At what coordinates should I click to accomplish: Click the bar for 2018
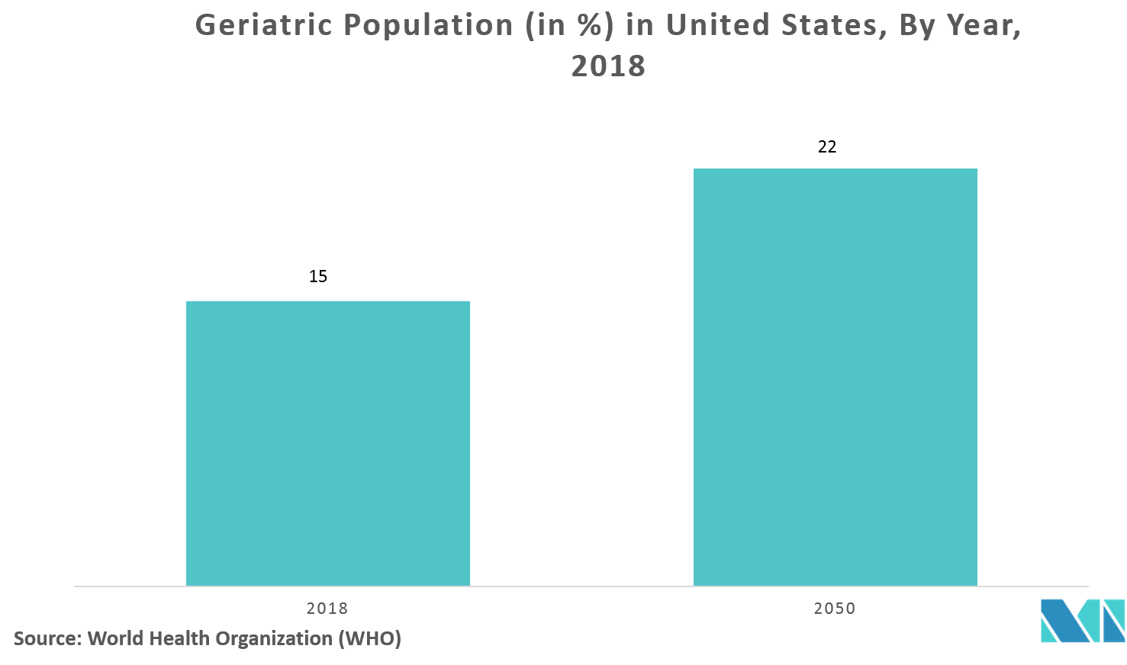point(328,443)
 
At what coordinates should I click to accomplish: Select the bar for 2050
point(835,377)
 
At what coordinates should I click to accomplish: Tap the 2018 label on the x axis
point(327,609)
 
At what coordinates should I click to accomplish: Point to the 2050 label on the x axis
point(835,609)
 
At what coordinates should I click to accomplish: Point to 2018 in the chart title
point(608,67)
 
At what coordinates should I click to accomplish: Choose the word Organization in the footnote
point(272,638)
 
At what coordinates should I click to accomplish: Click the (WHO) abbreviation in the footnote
point(369,638)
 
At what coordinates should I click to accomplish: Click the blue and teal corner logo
point(1083,621)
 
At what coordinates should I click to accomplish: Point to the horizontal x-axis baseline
point(580,586)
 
